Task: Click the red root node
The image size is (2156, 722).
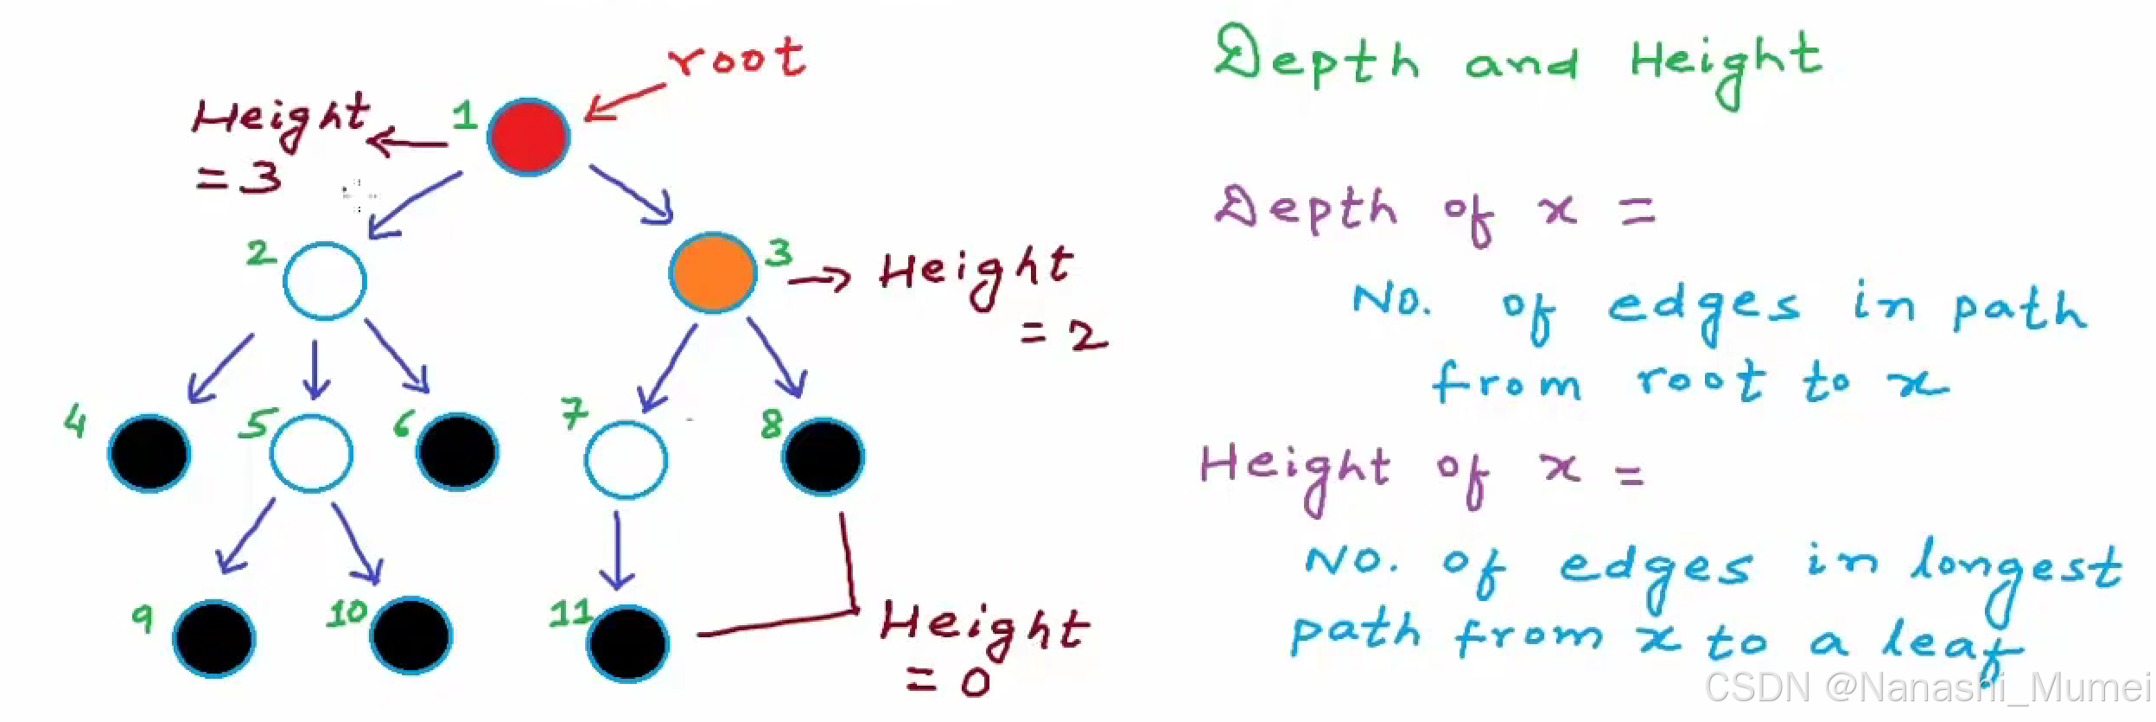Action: coord(528,137)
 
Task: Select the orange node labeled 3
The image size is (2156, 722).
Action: coord(713,272)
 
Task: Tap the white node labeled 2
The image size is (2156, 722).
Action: coord(325,281)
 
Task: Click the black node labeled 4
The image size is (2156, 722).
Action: coord(149,453)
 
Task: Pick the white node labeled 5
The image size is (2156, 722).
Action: coord(311,453)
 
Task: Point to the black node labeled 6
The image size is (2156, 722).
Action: coord(457,451)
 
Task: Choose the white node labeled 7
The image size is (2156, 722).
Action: coord(626,459)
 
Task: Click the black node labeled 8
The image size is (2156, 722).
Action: coord(824,457)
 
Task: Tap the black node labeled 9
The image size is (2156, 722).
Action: coord(214,638)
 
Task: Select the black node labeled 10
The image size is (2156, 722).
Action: coord(410,635)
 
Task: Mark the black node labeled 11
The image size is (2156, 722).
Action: coord(628,643)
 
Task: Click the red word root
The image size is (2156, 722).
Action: coord(737,59)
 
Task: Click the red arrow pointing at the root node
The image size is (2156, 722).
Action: coord(625,101)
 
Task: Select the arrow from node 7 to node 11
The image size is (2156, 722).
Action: coord(617,550)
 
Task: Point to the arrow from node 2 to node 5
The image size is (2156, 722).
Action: coord(315,369)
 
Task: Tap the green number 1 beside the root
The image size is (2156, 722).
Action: coord(465,115)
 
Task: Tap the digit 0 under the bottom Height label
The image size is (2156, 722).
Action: coord(976,683)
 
